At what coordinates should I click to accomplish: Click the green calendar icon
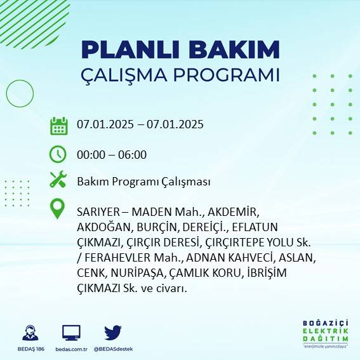tap(58, 126)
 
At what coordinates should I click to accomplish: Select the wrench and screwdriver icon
tap(58, 180)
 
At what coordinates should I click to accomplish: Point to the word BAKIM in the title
tap(237, 50)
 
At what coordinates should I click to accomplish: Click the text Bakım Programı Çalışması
tap(143, 182)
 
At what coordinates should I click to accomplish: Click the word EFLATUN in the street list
tap(256, 227)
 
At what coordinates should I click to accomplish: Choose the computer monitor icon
tap(71, 333)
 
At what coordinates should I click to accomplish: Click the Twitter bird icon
tap(113, 333)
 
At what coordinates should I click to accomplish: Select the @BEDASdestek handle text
tap(112, 349)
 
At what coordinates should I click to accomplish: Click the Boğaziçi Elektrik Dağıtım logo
tap(325, 333)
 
